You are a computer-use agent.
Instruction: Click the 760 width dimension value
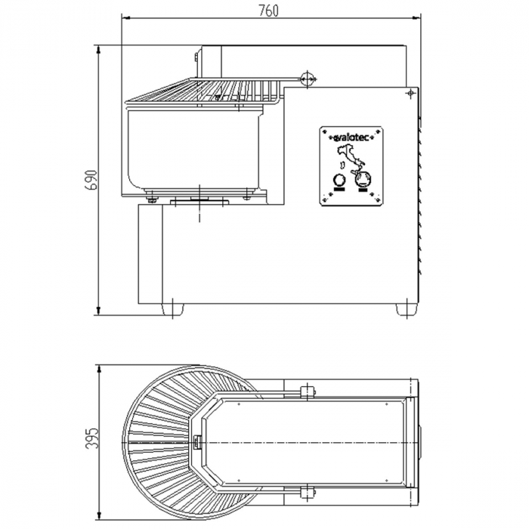click(x=269, y=11)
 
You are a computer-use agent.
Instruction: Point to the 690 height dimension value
click(x=91, y=180)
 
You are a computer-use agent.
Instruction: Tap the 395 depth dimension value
click(x=91, y=438)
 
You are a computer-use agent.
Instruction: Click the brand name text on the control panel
click(x=351, y=138)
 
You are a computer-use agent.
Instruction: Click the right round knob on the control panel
click(x=363, y=178)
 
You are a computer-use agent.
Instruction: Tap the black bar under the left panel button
click(x=339, y=189)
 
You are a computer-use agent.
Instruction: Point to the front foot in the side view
click(x=173, y=308)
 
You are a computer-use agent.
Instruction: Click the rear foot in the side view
click(x=407, y=309)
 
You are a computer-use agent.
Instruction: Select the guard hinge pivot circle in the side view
click(x=307, y=79)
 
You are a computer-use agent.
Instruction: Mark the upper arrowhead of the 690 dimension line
click(x=98, y=50)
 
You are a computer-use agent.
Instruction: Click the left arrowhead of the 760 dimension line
click(x=125, y=17)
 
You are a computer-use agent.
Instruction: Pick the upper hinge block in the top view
click(x=307, y=391)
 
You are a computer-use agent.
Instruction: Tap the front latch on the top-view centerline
click(x=196, y=442)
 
